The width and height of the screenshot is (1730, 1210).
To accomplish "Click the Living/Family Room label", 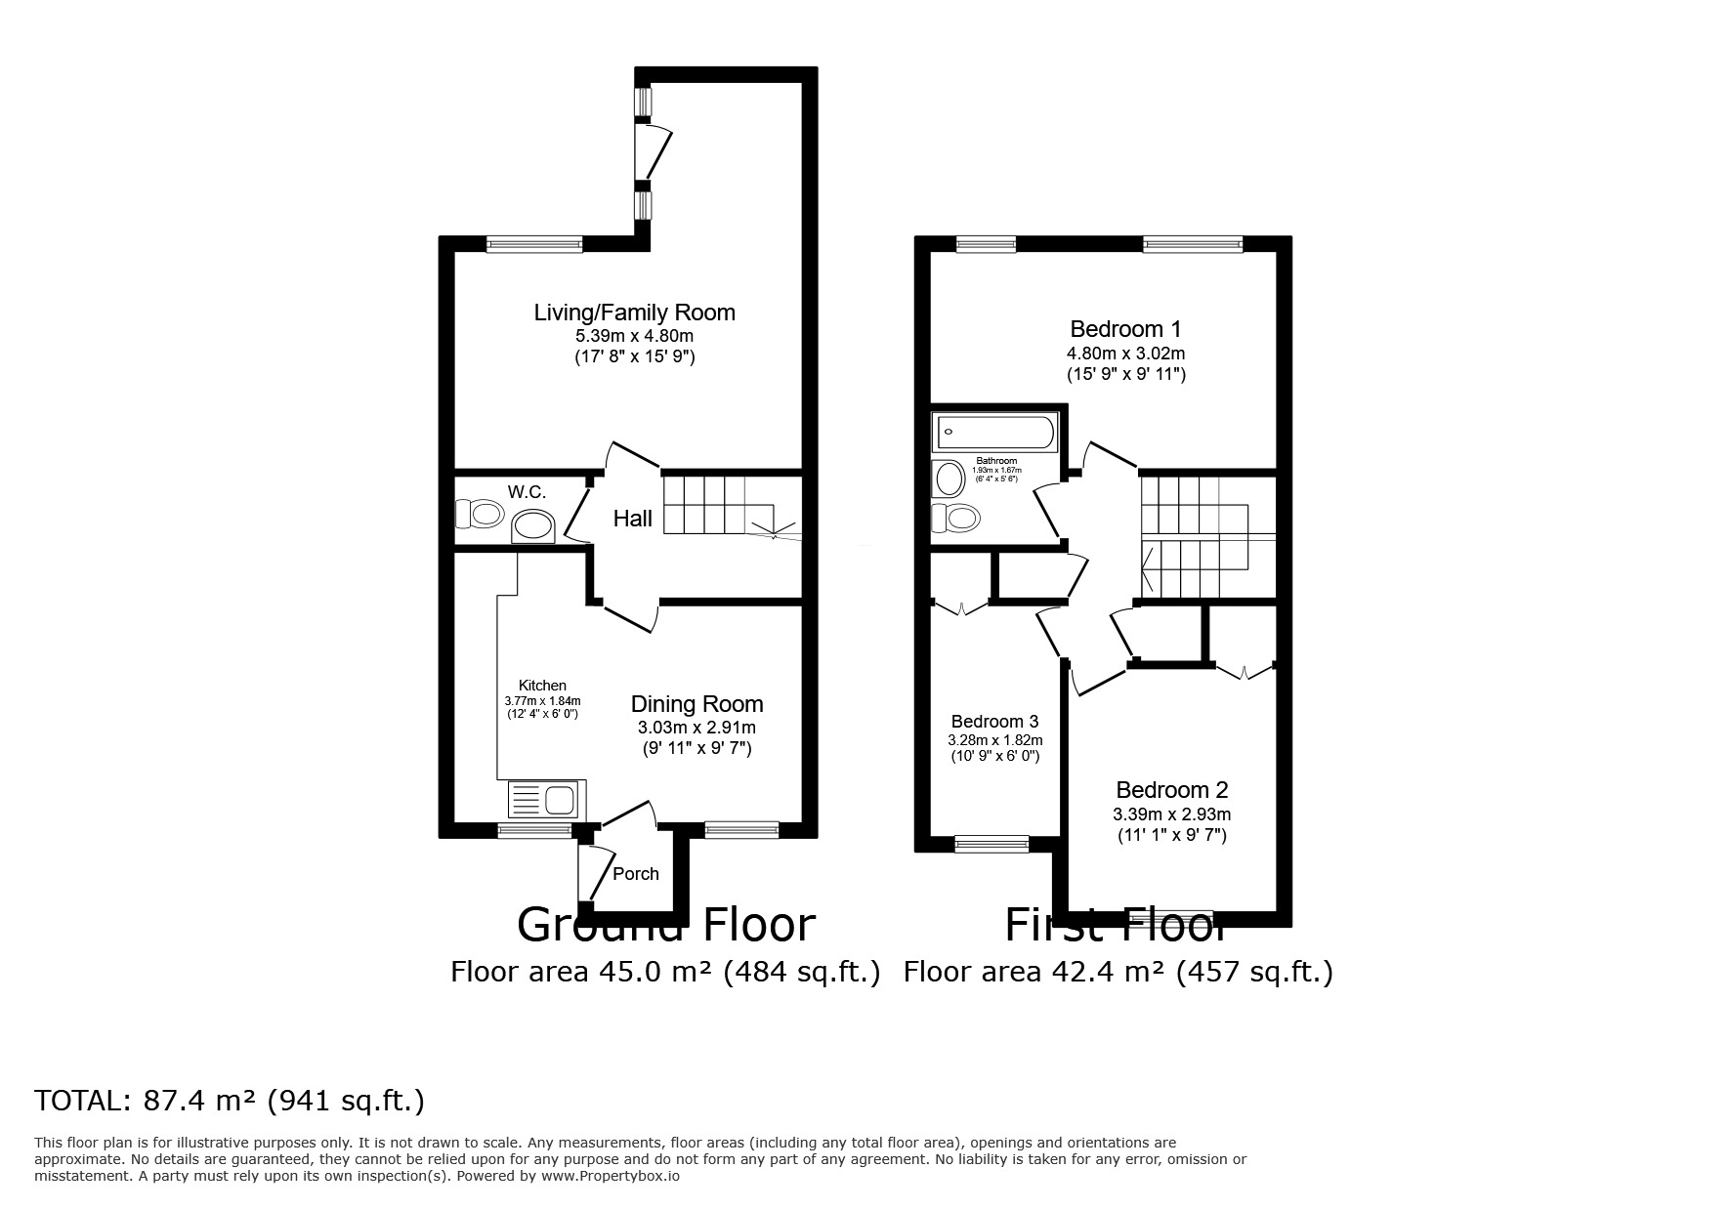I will (634, 313).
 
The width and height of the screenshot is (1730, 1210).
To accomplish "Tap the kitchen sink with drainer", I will (545, 802).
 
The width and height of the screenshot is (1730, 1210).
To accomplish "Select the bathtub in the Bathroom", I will (994, 432).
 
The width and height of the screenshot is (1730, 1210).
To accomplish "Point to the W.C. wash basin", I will (533, 527).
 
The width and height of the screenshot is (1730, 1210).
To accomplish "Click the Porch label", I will (636, 874).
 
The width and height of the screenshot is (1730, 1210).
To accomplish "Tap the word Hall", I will (633, 519).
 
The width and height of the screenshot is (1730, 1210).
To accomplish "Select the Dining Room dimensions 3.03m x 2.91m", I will (696, 728).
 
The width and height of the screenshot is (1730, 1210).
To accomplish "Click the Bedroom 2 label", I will (1171, 790).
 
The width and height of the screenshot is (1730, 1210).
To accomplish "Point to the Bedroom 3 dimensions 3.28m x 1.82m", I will (995, 740).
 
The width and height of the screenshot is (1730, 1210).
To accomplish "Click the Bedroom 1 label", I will (1125, 329).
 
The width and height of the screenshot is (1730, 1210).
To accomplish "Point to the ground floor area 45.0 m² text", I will (665, 972).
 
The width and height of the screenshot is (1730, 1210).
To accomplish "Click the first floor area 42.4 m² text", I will (1118, 972).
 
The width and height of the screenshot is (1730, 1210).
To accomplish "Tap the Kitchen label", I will (542, 686).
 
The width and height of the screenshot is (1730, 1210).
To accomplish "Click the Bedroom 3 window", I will (992, 844).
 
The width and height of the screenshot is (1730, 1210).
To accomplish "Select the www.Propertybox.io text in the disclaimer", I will (610, 1177).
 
